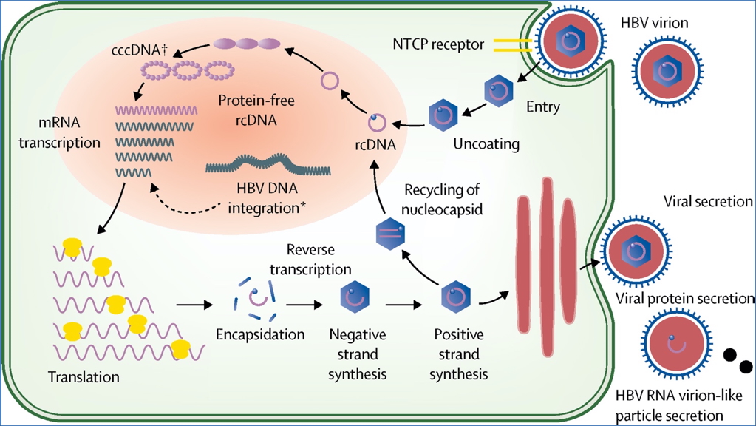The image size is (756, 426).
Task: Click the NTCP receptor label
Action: click(x=438, y=45)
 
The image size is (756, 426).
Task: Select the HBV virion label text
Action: click(x=654, y=24)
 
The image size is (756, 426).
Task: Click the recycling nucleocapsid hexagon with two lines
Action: click(x=389, y=231)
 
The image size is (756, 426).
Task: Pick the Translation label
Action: click(x=84, y=376)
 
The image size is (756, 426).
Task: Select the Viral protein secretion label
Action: click(x=684, y=299)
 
